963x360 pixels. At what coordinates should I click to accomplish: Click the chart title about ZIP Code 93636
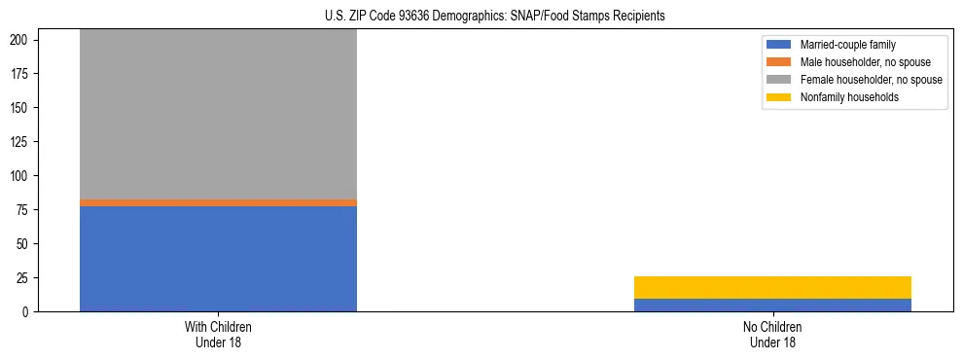[x=494, y=17]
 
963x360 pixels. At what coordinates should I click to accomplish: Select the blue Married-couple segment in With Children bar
[x=218, y=258]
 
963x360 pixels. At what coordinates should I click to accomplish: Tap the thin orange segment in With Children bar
[x=218, y=202]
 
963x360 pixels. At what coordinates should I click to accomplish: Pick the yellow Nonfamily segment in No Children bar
[x=772, y=287]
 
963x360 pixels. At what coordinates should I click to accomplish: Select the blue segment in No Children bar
[x=772, y=305]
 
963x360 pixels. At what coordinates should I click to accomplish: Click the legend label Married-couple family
[x=846, y=45]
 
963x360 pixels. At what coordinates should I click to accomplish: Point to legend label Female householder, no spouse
[x=871, y=80]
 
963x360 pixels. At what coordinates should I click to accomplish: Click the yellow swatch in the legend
[x=779, y=97]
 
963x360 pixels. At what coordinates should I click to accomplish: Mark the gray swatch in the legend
[x=779, y=80]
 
